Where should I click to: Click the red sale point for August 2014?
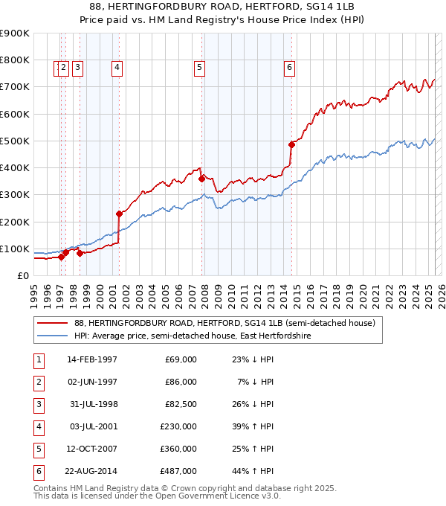pos(292,144)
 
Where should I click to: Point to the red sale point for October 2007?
pos(201,179)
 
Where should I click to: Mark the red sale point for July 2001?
pos(119,214)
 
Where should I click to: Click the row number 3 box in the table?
pos(39,404)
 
